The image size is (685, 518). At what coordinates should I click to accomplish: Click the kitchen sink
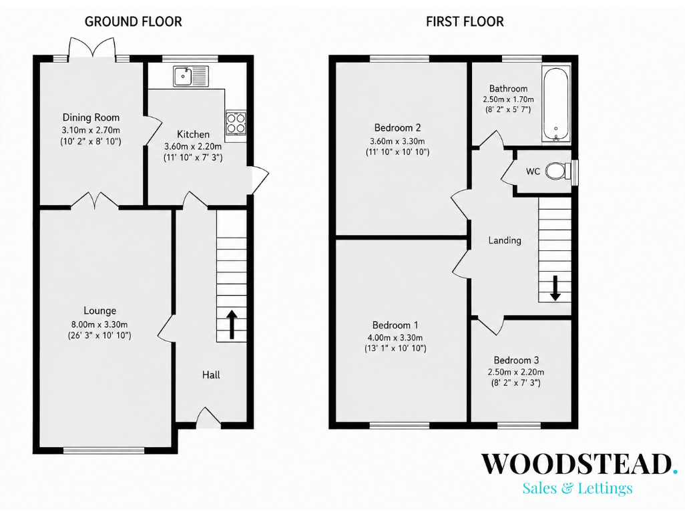click(191, 76)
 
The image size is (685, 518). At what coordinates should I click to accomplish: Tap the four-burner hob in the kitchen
click(236, 123)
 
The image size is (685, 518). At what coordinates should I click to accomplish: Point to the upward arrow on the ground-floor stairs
click(232, 324)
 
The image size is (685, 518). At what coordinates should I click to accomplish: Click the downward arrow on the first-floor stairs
click(555, 288)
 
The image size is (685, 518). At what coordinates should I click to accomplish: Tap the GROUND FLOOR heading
click(134, 21)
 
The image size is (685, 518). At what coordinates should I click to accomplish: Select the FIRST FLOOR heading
click(465, 21)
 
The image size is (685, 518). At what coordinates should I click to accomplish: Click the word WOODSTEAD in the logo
click(576, 464)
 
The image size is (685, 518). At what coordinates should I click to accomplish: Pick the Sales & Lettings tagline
click(578, 488)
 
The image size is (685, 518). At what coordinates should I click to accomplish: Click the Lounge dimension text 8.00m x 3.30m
click(99, 324)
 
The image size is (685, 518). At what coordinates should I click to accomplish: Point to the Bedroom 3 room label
click(516, 360)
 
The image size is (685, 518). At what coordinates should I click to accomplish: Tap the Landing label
click(505, 240)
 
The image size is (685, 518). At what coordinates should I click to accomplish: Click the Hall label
click(211, 374)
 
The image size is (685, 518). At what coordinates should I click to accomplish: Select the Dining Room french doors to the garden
click(92, 47)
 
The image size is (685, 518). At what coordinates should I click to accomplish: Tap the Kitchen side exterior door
click(258, 180)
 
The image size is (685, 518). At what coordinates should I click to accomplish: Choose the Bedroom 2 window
click(399, 59)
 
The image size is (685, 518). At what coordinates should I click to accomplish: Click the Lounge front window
click(103, 451)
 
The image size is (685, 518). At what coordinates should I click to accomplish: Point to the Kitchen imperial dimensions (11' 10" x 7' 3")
click(193, 158)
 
